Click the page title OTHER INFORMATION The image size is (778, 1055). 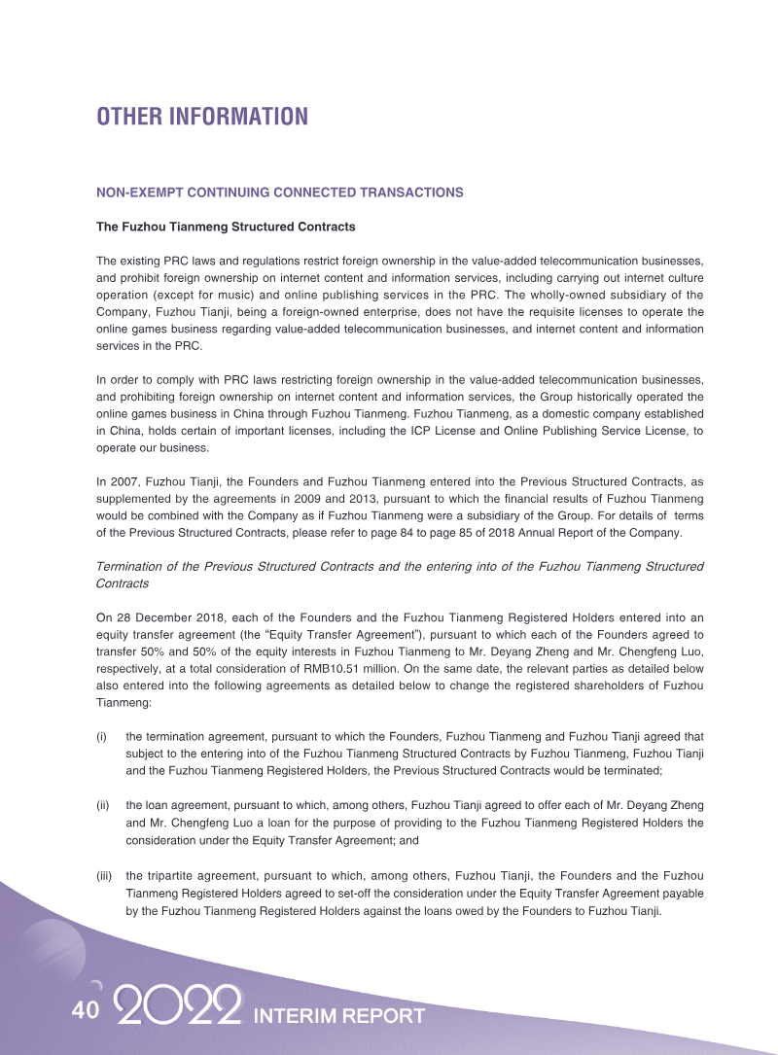coord(201,117)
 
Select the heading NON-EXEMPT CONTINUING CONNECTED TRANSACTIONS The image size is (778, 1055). coord(279,193)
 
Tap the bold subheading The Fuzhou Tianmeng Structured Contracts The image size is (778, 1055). coord(225,227)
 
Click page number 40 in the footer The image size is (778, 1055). coord(85,1011)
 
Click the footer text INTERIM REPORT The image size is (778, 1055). coord(338,1016)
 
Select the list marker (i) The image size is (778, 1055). coord(101,737)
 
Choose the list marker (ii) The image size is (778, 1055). coord(102,806)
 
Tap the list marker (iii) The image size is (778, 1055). coord(104,876)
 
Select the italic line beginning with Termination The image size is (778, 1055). coord(400,567)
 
